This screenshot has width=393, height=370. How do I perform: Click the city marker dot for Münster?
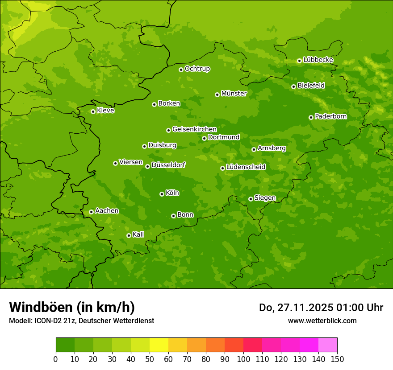[217, 95]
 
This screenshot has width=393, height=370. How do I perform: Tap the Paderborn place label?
[330, 116]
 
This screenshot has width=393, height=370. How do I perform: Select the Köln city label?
[172, 193]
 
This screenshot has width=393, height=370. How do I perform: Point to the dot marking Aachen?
[91, 212]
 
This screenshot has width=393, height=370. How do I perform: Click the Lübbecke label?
[318, 60]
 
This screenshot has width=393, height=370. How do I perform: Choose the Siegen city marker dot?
[251, 199]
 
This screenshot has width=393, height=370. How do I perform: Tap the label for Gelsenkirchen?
[194, 129]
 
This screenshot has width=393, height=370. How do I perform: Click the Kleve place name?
[105, 111]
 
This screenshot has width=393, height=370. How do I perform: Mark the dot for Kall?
[129, 235]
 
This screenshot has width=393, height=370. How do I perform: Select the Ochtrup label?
[197, 69]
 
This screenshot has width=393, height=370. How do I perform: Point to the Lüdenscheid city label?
[246, 167]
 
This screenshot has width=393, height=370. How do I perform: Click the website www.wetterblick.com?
[322, 321]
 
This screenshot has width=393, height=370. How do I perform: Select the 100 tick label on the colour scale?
[243, 359]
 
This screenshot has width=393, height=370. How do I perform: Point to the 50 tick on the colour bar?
[150, 359]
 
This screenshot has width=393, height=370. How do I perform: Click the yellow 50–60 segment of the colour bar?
[159, 345]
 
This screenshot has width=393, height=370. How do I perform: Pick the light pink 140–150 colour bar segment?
[328, 345]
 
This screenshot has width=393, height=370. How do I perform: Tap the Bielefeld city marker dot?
[293, 86]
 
